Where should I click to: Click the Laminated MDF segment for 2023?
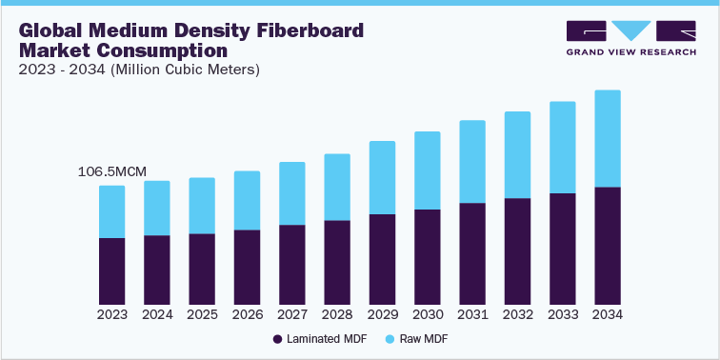point(111,270)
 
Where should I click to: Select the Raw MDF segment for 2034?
point(608,138)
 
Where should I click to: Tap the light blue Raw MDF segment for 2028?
point(337,187)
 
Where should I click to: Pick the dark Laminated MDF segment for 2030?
point(428,256)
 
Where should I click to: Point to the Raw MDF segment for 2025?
point(202,206)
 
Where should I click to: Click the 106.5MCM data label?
point(112,172)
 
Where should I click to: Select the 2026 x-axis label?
point(247,314)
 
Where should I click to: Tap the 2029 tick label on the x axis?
point(382,314)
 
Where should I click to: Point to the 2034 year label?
point(608,314)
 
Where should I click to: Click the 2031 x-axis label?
point(472,314)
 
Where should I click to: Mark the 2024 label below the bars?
point(157,314)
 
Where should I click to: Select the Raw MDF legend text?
point(424,339)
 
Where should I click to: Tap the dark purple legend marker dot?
point(278,339)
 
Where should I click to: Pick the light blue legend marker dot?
point(390,339)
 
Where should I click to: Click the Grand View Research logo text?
point(631,51)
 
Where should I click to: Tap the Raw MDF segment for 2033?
point(563,147)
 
